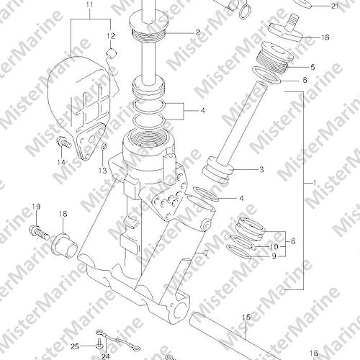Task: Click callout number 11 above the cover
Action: tap(90, 5)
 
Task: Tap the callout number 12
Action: tap(111, 36)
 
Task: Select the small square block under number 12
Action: tap(112, 53)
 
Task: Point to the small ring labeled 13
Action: tap(104, 145)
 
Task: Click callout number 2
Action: tap(198, 32)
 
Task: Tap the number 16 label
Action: tap(325, 37)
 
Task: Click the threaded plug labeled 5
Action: tap(274, 57)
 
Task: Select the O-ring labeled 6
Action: tap(266, 76)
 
